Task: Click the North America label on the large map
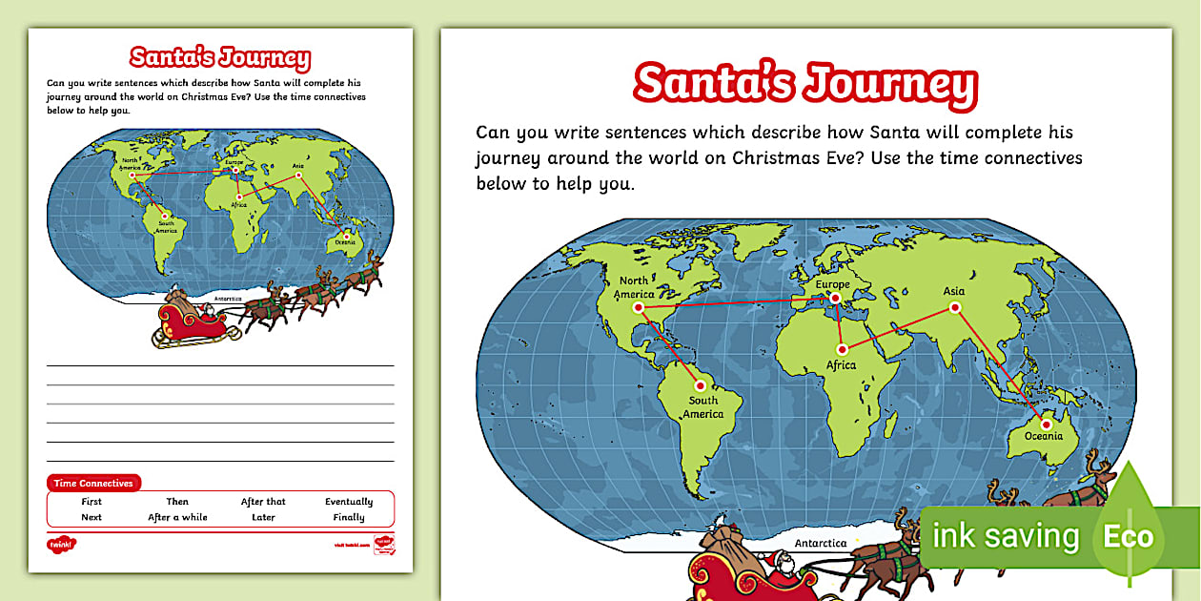(x=634, y=287)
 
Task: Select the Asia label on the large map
(x=953, y=291)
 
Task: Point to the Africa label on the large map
(x=841, y=365)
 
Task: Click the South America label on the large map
(x=703, y=407)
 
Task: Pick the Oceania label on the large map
(x=1044, y=437)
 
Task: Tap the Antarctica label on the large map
(x=821, y=543)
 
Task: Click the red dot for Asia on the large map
(x=953, y=307)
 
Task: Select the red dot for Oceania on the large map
(x=1046, y=425)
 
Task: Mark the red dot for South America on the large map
(x=700, y=386)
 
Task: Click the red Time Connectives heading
(x=93, y=484)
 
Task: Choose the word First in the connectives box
(x=92, y=502)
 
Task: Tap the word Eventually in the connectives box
(x=349, y=502)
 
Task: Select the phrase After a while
(x=177, y=518)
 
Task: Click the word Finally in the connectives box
(x=349, y=518)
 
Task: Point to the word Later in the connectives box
(x=263, y=518)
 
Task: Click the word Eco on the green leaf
(x=1129, y=536)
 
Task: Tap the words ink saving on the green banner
(x=1006, y=536)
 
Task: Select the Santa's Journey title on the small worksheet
(x=220, y=57)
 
